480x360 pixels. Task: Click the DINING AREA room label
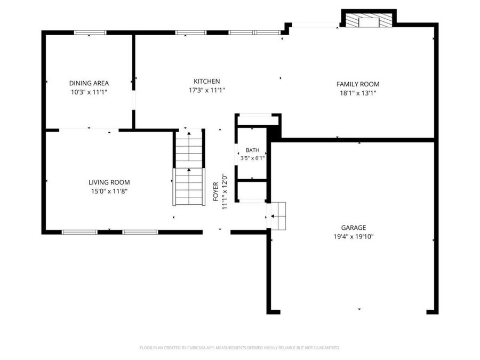click(x=89, y=83)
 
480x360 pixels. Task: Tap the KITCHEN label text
click(x=206, y=82)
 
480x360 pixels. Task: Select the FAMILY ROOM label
click(x=358, y=84)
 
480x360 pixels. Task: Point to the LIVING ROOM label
click(x=109, y=182)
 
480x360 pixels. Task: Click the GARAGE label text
click(x=354, y=228)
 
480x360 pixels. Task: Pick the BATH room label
click(x=252, y=150)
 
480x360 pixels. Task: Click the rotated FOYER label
click(x=216, y=191)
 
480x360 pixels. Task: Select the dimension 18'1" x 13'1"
click(x=358, y=93)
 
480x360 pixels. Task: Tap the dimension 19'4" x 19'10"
click(x=354, y=237)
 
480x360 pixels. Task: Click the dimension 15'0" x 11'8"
click(x=109, y=191)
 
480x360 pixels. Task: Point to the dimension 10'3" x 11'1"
click(x=89, y=92)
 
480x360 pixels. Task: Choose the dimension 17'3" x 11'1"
click(x=206, y=90)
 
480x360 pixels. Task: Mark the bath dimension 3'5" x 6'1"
click(x=252, y=158)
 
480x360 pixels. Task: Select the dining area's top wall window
click(x=90, y=33)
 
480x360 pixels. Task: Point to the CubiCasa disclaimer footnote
click(x=239, y=348)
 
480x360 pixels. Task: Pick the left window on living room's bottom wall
click(x=79, y=233)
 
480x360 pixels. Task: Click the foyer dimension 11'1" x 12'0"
click(x=225, y=191)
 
